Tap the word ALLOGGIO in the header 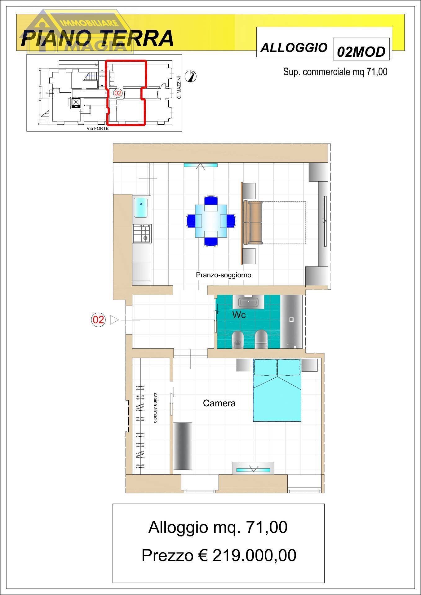[294, 47]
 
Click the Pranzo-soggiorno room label [223, 275]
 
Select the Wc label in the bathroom [239, 315]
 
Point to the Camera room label [219, 403]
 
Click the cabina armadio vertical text [155, 408]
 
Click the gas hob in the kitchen [142, 234]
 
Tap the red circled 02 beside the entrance [98, 320]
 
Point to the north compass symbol [191, 76]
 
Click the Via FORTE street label [98, 128]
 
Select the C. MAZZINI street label [179, 88]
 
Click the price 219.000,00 [254, 556]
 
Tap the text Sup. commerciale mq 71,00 [335, 72]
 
